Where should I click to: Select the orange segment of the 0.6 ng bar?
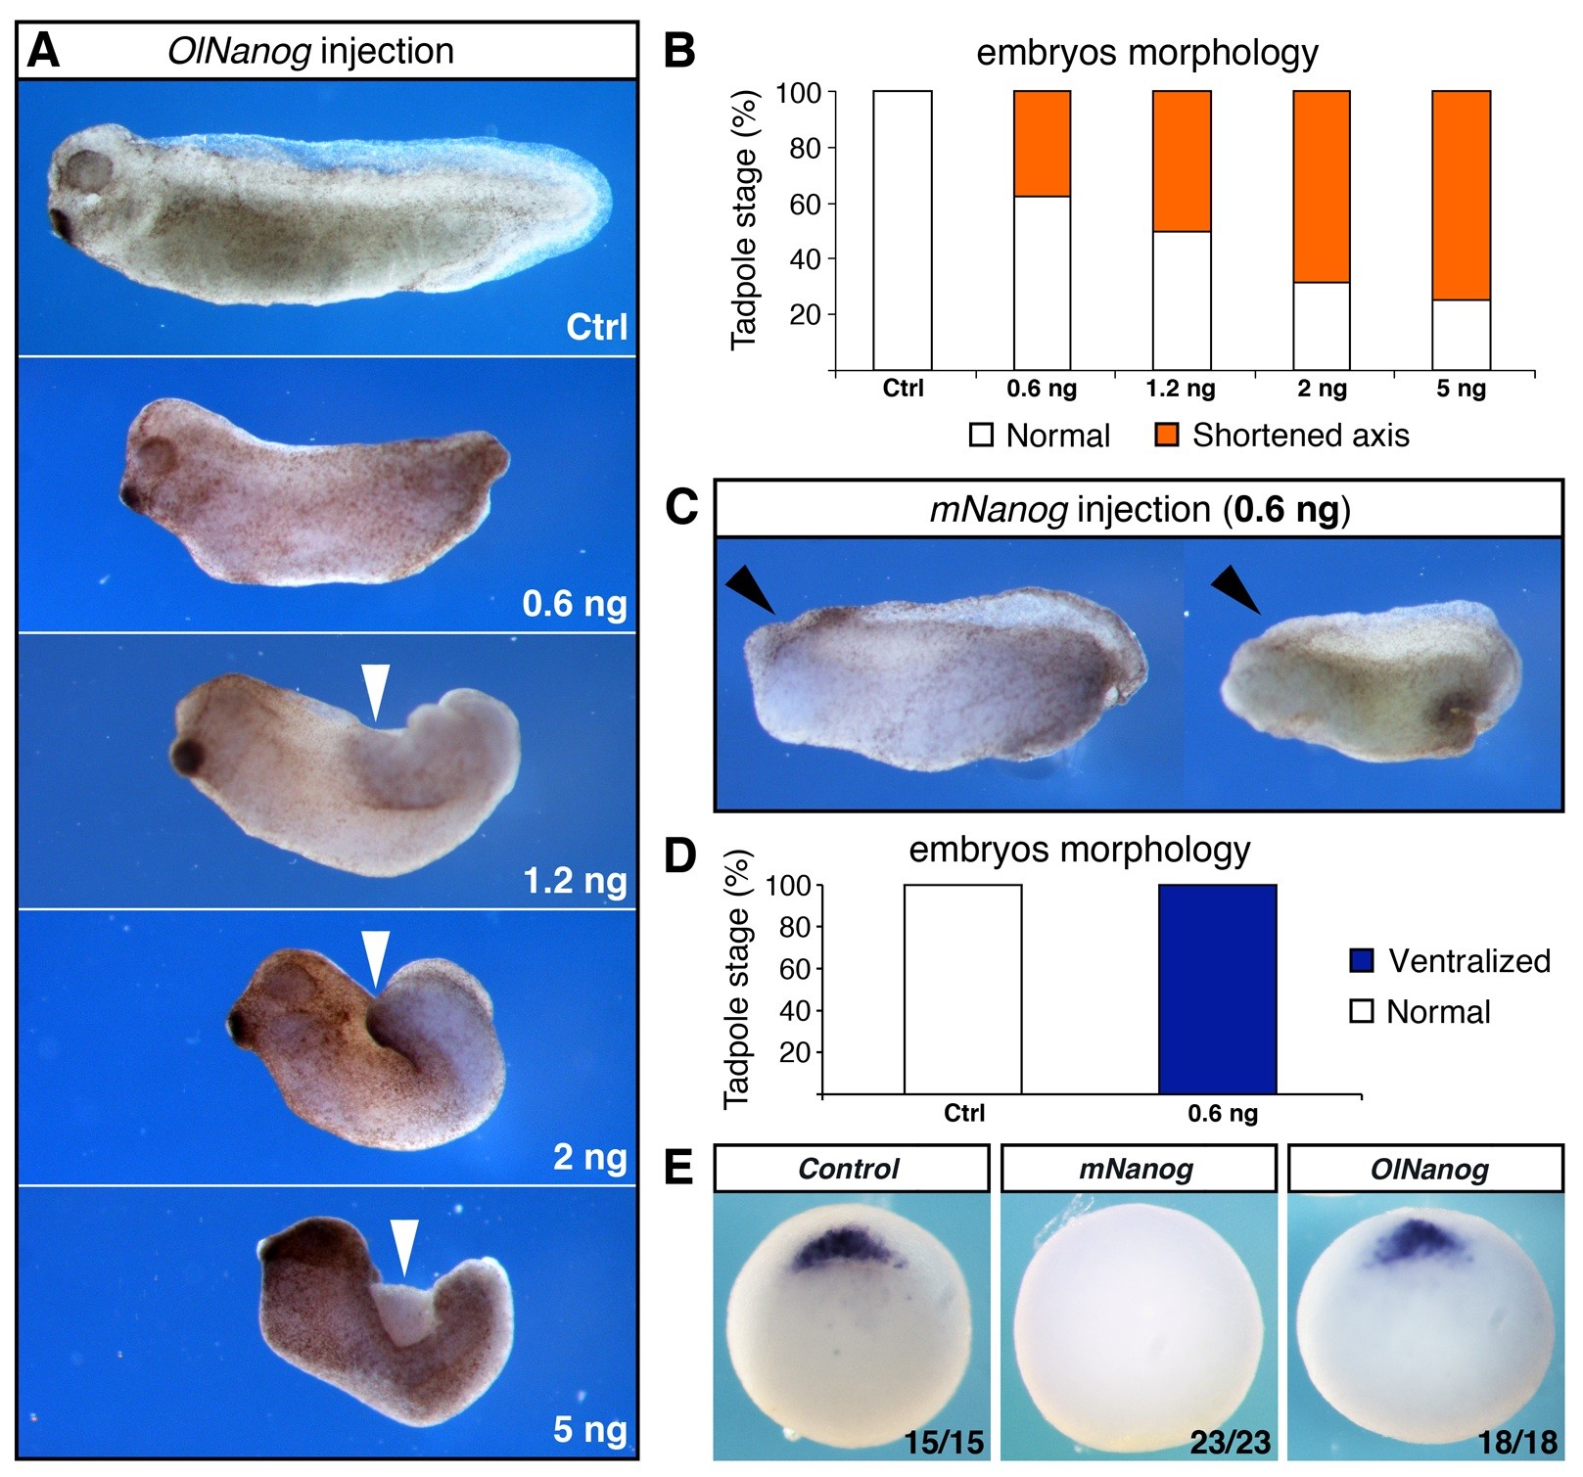click(x=1042, y=144)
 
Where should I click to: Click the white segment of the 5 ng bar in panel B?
click(x=1461, y=335)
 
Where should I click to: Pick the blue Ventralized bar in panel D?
click(x=1217, y=989)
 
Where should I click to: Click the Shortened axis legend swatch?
click(x=1167, y=435)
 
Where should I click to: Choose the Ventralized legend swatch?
click(x=1362, y=960)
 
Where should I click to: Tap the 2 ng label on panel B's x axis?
click(x=1322, y=389)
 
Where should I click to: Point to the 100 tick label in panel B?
click(x=798, y=93)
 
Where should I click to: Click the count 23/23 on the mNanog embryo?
click(x=1230, y=1442)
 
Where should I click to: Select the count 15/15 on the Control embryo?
click(x=943, y=1442)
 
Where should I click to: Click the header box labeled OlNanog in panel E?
click(x=1424, y=1169)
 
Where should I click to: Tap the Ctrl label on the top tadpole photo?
click(x=596, y=327)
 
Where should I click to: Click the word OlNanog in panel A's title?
click(x=239, y=51)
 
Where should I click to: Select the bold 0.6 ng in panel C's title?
click(x=1286, y=510)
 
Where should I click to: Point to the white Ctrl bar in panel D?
click(x=962, y=989)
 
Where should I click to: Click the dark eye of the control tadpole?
click(x=64, y=224)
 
